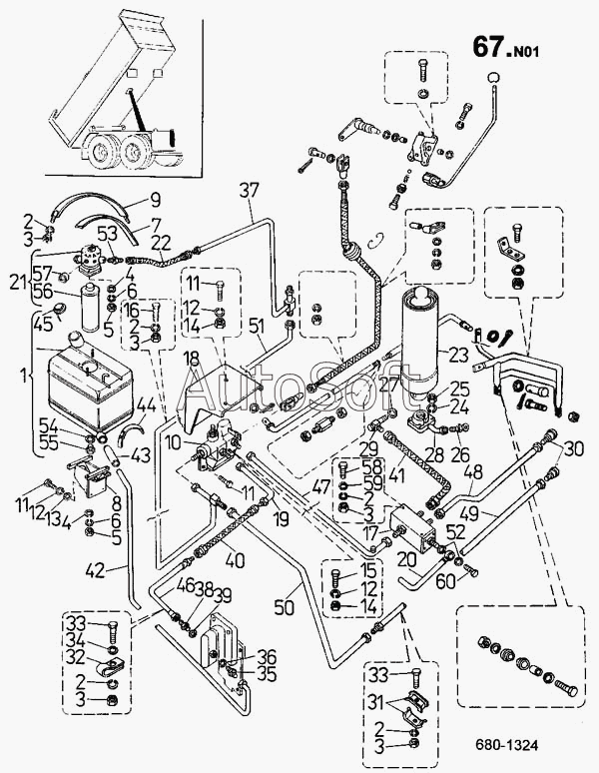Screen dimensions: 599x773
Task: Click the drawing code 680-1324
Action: pos(506,744)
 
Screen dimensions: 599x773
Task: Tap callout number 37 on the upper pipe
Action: pos(250,191)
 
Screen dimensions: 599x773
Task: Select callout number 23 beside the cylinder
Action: pos(458,355)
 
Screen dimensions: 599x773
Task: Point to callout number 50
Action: pos(284,607)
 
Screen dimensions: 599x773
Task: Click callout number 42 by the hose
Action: pos(96,570)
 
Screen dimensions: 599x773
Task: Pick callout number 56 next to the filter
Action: pos(43,291)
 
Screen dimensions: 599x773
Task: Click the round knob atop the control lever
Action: pos(493,77)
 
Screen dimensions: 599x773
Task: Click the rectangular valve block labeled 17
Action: pos(412,529)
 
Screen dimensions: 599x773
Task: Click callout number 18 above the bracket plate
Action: pos(192,359)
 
